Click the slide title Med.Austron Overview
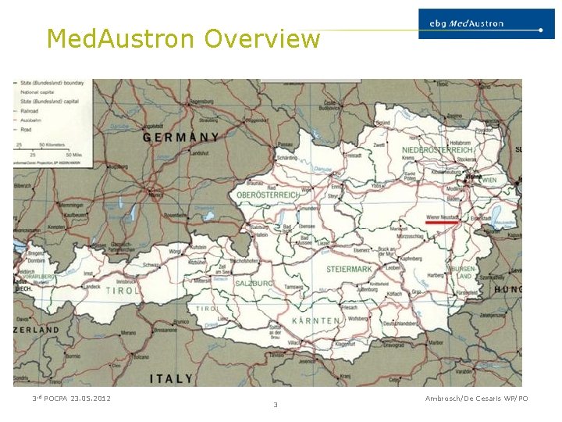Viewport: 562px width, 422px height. tap(183, 38)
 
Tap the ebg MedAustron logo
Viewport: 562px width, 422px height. tap(481, 23)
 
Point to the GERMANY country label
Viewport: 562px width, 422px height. tap(180, 137)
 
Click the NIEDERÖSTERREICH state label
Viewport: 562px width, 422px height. tap(438, 149)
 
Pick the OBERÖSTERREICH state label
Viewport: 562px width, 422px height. tap(269, 195)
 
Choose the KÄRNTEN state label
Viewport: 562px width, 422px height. tap(315, 320)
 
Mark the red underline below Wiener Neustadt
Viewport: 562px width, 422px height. tap(442, 222)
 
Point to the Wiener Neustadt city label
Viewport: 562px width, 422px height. tap(442, 215)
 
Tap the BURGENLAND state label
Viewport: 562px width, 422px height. tap(461, 272)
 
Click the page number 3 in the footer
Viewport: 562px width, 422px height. tap(276, 404)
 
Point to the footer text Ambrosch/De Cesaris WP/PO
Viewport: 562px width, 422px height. tap(476, 399)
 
